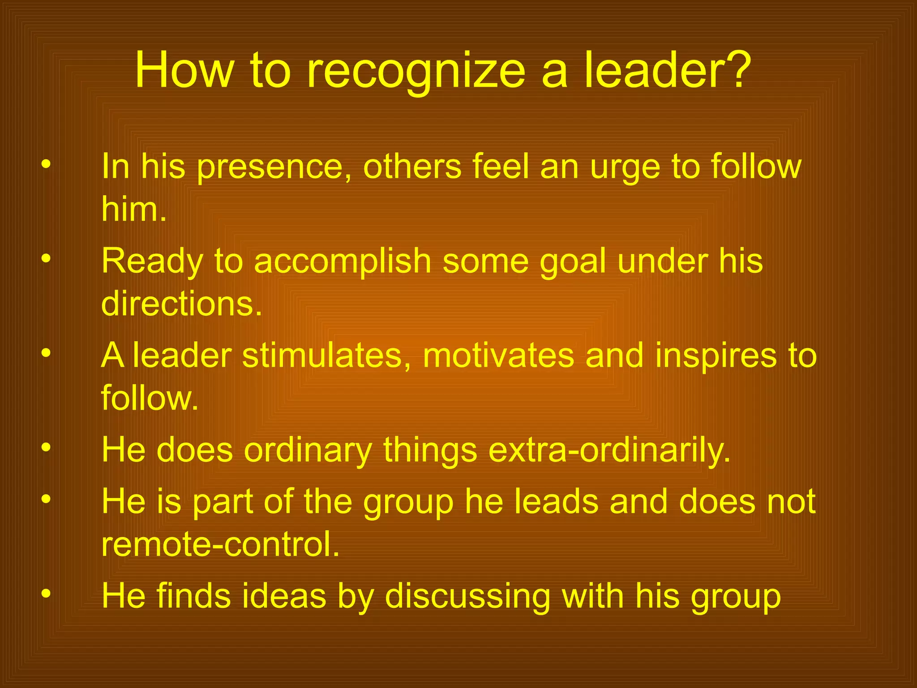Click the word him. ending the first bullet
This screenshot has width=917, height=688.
click(134, 209)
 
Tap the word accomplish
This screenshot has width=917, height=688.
click(343, 262)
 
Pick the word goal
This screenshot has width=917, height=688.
click(573, 262)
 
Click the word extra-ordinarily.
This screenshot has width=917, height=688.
click(609, 451)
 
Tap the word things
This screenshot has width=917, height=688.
click(430, 451)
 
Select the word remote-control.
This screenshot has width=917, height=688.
click(220, 544)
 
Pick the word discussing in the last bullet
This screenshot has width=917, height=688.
click(467, 597)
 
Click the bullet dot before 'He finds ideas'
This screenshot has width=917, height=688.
click(46, 594)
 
